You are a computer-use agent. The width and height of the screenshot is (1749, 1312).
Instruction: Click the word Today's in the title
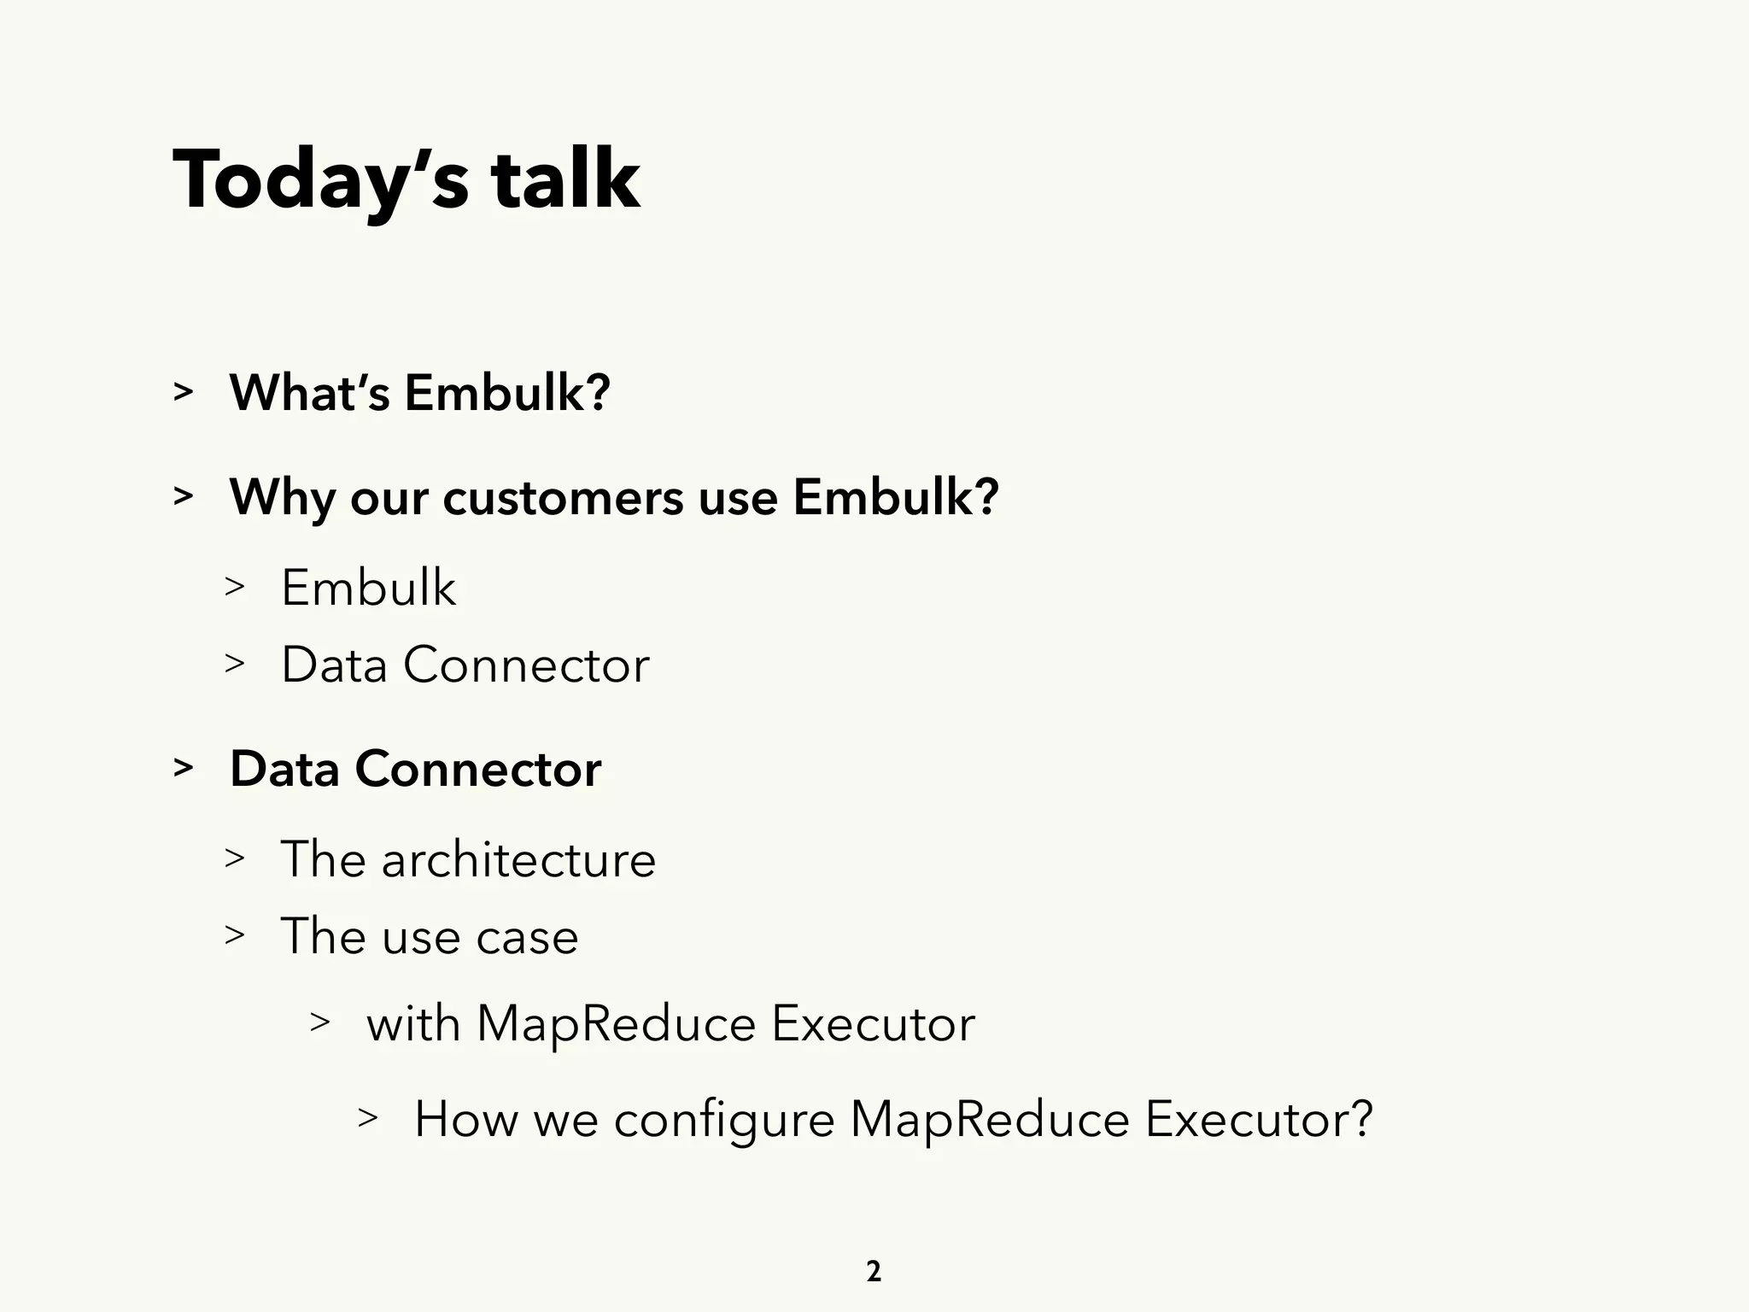click(x=320, y=181)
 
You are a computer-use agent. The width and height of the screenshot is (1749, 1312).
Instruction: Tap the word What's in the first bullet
click(x=309, y=393)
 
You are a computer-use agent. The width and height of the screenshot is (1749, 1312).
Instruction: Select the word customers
click(x=563, y=497)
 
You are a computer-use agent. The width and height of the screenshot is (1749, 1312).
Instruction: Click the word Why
click(x=282, y=497)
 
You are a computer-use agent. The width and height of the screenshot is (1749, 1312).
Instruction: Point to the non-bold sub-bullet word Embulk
click(x=368, y=588)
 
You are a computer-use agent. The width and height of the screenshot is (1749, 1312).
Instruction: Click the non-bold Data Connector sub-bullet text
click(x=465, y=665)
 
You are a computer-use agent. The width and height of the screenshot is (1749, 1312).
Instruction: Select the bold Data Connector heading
click(x=415, y=769)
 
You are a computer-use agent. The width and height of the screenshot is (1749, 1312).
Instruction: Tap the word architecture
click(x=518, y=859)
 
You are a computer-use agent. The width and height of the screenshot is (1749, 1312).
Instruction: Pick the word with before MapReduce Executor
click(x=412, y=1023)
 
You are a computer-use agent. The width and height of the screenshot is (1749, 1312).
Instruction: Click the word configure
click(x=723, y=1120)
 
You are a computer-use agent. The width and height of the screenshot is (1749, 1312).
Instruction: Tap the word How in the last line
click(x=465, y=1119)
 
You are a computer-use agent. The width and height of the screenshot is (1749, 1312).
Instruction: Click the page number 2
click(x=874, y=1272)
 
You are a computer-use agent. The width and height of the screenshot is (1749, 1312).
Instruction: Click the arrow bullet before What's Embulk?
click(x=183, y=392)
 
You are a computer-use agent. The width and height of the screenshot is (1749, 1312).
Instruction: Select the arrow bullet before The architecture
click(x=235, y=858)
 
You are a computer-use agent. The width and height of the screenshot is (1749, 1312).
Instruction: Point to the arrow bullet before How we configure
click(x=367, y=1117)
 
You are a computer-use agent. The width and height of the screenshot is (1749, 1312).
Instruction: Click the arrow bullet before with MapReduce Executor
click(x=319, y=1022)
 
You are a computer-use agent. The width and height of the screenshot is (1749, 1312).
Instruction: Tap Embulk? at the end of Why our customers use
click(x=895, y=497)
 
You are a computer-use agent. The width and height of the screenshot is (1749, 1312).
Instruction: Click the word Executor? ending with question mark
click(x=1258, y=1119)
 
